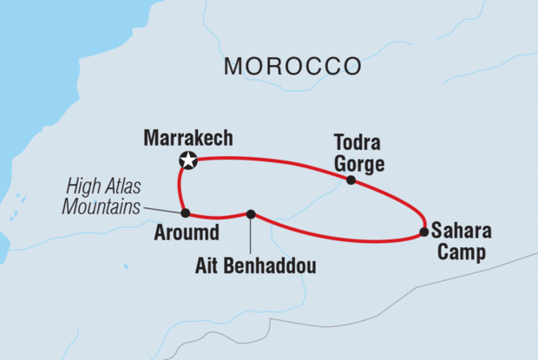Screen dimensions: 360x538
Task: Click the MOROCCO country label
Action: click(x=292, y=66)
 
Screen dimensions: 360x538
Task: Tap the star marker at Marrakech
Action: click(x=187, y=160)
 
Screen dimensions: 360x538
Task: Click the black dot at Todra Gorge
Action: click(x=351, y=180)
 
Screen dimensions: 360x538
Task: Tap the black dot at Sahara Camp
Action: click(x=423, y=232)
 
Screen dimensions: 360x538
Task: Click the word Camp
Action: click(x=456, y=252)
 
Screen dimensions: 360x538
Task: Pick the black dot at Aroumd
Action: click(x=185, y=213)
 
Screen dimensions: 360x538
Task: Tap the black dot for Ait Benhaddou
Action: click(x=251, y=214)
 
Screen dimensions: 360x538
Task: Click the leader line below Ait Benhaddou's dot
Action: click(x=251, y=234)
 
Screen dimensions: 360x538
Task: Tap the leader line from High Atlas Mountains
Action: click(x=162, y=209)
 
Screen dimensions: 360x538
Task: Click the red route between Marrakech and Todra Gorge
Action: click(x=269, y=160)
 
